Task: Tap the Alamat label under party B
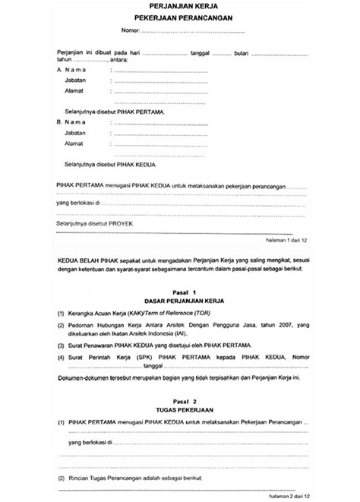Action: click(74, 143)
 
